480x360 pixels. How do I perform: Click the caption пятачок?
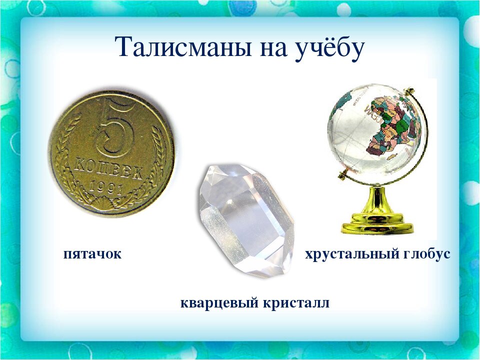click(x=92, y=254)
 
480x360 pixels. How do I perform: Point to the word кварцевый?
click(x=219, y=303)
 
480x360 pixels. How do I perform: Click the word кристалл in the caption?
click(x=296, y=303)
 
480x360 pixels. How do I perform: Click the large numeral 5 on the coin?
click(x=114, y=128)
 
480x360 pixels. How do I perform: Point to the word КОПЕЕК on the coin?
click(x=108, y=169)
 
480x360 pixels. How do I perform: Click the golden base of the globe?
click(x=377, y=223)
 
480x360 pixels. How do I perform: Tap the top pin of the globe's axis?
click(x=409, y=90)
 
